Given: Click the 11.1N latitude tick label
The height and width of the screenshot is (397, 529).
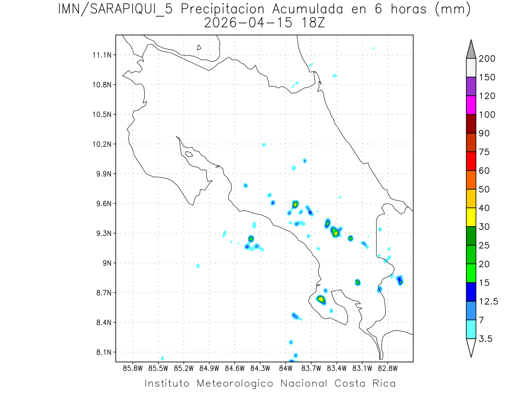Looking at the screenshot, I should pos(101,55).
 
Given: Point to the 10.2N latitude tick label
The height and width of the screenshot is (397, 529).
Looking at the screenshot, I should pos(101,144).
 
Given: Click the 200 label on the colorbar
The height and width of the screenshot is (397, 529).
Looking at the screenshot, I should pos(487,59).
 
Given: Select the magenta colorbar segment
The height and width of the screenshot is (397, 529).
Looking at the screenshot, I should pos(471,105).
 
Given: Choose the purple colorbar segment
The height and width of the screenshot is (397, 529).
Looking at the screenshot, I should pos(471,86).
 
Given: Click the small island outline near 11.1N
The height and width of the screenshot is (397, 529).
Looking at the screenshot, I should pos(199,47).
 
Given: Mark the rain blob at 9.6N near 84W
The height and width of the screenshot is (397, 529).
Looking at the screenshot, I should pos(295,204).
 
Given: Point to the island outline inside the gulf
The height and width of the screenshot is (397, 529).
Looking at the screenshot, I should pos(189,154).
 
